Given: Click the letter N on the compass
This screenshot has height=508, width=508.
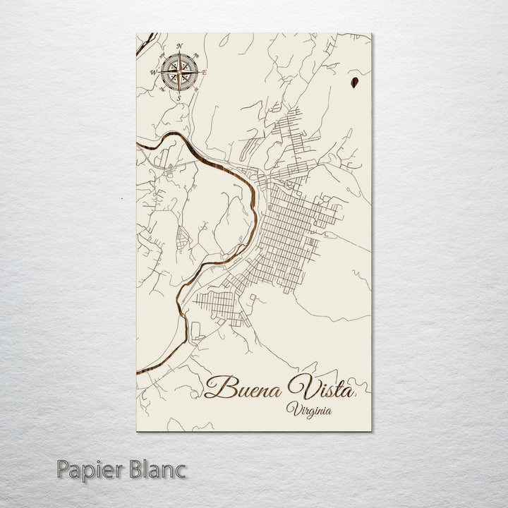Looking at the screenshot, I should (180, 47).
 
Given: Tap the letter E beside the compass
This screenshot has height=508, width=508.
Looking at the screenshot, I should (205, 70).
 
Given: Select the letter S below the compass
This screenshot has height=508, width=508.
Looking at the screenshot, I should (179, 97).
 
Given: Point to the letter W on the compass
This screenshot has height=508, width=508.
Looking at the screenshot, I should (152, 71).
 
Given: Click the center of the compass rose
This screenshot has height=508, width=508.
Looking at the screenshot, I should (179, 71).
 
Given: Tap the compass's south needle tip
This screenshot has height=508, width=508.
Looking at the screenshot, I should (179, 90).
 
